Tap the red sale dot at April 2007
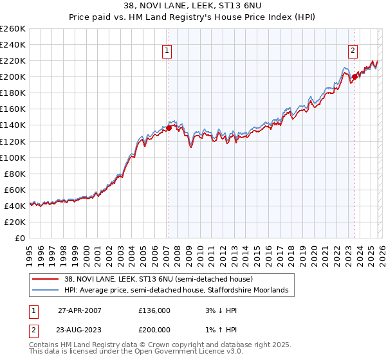pos(169,128)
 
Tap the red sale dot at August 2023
pos(354,76)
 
